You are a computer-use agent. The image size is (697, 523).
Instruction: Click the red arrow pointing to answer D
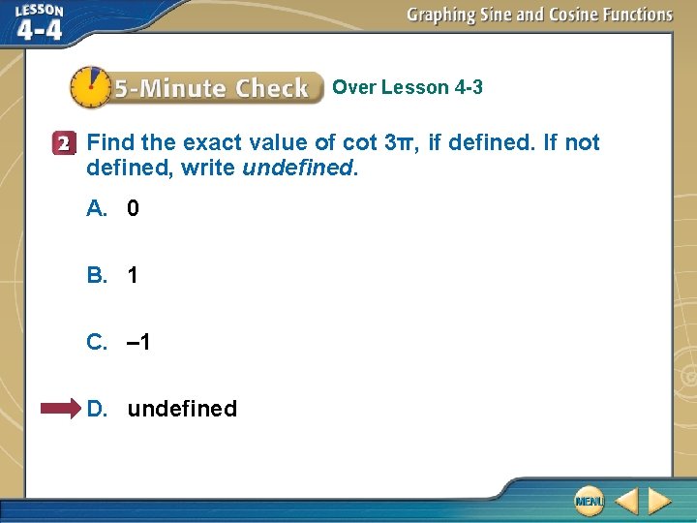[61, 409]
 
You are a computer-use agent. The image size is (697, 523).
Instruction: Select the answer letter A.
[97, 208]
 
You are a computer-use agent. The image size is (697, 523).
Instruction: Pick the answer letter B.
[97, 275]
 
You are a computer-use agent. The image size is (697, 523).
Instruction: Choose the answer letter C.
[97, 342]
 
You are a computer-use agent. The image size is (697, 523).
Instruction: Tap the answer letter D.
[97, 409]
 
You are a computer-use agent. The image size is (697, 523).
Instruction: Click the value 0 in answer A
[134, 208]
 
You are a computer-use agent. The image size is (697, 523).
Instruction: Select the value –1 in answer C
[138, 342]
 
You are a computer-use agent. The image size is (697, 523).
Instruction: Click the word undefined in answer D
[182, 409]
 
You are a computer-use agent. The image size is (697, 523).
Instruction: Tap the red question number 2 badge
[64, 143]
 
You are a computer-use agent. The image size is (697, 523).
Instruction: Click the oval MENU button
[588, 501]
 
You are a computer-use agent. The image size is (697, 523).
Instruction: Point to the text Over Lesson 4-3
[408, 88]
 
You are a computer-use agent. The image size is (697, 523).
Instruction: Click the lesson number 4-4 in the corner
[39, 29]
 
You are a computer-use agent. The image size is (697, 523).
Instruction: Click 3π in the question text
[399, 143]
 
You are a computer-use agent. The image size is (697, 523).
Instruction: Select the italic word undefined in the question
[299, 168]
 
